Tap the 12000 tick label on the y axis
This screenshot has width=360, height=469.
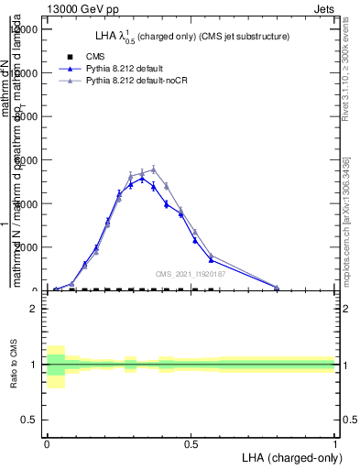coord(22,29)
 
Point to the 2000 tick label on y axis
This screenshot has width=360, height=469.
coord(25,247)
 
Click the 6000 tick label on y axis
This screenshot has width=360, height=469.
coord(25,160)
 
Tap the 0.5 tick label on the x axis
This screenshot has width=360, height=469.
coord(191,442)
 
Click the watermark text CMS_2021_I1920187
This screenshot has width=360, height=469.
coord(190,274)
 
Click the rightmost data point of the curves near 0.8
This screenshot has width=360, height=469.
coord(277,288)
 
